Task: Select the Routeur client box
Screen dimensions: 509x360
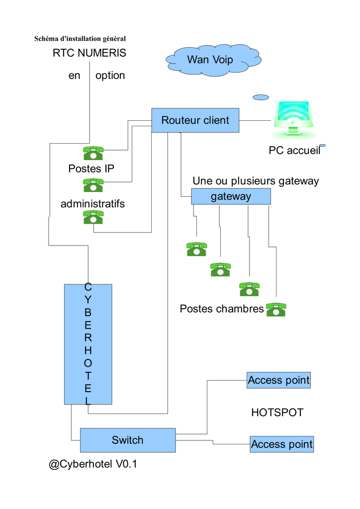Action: pyautogui.click(x=195, y=120)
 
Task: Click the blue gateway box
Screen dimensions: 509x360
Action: pyautogui.click(x=231, y=196)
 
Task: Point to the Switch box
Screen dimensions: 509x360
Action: pyautogui.click(x=128, y=440)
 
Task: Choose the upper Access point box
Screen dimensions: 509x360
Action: pyautogui.click(x=278, y=381)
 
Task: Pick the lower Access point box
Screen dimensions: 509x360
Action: pyautogui.click(x=281, y=444)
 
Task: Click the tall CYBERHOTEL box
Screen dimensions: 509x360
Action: pyautogui.click(x=88, y=343)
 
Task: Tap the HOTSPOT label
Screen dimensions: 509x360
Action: pyautogui.click(x=277, y=413)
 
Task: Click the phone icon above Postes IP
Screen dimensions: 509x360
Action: pyautogui.click(x=93, y=153)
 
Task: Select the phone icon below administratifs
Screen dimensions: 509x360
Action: pyautogui.click(x=93, y=217)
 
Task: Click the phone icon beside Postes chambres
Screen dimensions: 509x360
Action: pyautogui.click(x=276, y=309)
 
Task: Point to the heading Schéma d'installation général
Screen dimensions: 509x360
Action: pyautogui.click(x=80, y=38)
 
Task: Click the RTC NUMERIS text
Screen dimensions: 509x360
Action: pyautogui.click(x=90, y=53)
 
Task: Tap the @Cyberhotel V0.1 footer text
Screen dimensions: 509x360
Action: pyautogui.click(x=92, y=465)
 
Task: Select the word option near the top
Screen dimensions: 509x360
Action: pyautogui.click(x=110, y=76)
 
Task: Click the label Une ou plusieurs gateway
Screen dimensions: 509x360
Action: pyautogui.click(x=256, y=181)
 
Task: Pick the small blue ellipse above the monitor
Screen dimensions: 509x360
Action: pyautogui.click(x=261, y=97)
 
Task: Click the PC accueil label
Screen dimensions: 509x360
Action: pyautogui.click(x=294, y=150)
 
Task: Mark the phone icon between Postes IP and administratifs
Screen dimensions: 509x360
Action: pyautogui.click(x=93, y=185)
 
